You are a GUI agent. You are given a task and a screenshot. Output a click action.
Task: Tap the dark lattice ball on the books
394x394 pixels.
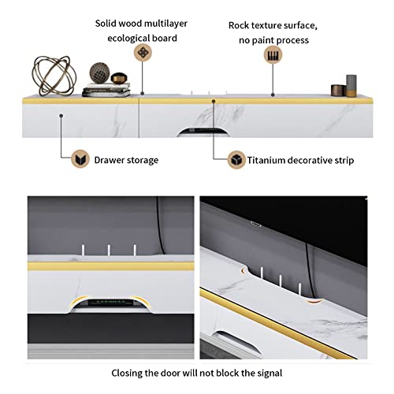click(x=99, y=73)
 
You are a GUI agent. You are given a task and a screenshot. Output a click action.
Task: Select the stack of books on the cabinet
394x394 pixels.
click(x=106, y=90)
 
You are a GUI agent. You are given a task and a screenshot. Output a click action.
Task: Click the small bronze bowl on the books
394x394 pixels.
click(x=119, y=78)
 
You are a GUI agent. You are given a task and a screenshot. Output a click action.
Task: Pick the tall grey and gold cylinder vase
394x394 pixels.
click(x=351, y=86)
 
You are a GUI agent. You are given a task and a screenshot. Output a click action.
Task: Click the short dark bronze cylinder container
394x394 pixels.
click(x=338, y=90)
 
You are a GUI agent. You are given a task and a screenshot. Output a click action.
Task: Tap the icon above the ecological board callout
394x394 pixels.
click(x=143, y=53)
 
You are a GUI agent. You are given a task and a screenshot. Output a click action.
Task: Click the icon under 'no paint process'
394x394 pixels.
click(x=273, y=54)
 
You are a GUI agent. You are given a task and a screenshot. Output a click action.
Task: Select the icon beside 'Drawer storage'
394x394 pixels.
click(x=80, y=158)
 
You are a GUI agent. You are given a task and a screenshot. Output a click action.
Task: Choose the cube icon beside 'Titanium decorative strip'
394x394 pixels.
click(x=236, y=160)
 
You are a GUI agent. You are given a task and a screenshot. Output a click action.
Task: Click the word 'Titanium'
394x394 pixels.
click(x=266, y=160)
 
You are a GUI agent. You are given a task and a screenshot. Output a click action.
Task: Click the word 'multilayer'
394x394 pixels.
click(x=165, y=24)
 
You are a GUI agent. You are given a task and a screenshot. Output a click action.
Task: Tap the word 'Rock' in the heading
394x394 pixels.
click(x=237, y=25)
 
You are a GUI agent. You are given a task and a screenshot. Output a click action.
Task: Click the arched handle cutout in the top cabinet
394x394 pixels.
click(x=203, y=132)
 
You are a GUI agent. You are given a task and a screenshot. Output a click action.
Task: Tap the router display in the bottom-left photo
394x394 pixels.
click(x=110, y=303)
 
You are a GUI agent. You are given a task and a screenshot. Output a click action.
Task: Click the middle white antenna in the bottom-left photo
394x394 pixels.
click(x=109, y=250)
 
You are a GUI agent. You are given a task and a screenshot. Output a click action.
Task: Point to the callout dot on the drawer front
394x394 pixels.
click(x=61, y=116)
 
